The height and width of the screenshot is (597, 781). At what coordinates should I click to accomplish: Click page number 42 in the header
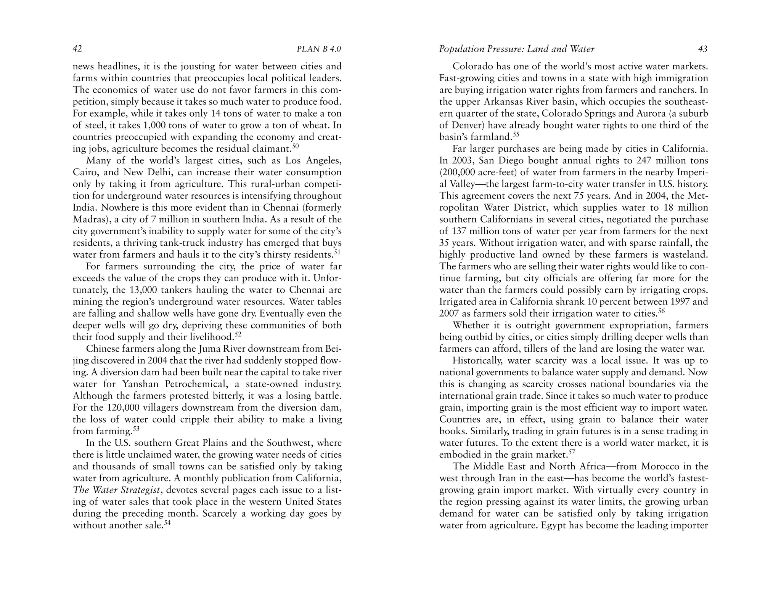coord(77,49)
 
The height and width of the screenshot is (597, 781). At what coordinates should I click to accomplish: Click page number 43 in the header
coord(702,49)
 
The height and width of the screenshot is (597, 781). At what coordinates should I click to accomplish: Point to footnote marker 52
coord(238,335)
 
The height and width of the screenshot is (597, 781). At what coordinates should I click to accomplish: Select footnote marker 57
coord(571,453)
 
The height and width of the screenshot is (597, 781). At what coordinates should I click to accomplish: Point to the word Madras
coord(87,220)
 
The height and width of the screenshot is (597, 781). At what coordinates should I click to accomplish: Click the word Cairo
coord(83,173)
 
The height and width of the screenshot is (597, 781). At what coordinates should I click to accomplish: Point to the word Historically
coord(478,361)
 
